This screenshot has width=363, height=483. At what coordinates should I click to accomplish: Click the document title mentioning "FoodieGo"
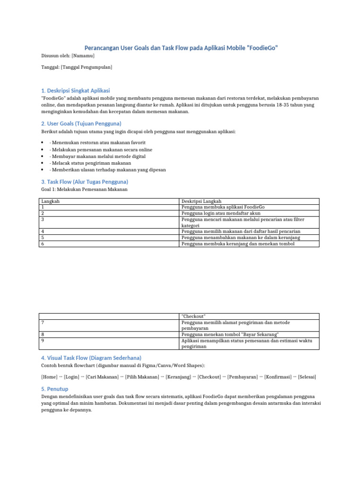pos(181,48)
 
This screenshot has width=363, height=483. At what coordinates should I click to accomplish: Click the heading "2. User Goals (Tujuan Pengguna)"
pos(81,123)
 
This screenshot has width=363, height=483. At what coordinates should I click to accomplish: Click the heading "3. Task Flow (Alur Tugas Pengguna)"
pos(85,181)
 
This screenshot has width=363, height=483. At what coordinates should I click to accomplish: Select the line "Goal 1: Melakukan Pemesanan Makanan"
pos(85,189)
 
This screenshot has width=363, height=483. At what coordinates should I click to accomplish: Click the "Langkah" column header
pos(51,201)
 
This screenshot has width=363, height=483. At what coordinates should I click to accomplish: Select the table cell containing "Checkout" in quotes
pos(194,316)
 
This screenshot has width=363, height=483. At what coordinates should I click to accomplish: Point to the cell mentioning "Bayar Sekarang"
pos(230,334)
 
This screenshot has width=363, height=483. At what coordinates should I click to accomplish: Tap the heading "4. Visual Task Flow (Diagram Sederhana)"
pos(91,358)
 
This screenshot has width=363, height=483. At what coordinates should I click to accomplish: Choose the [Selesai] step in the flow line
pos(307,377)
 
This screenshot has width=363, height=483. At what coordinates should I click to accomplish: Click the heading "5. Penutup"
pos(55,389)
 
